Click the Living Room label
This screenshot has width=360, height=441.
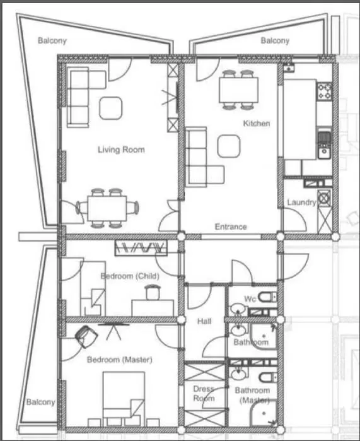coord(121,150)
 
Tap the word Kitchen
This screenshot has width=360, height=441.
coord(257,123)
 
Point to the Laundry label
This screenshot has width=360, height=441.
coord(301,203)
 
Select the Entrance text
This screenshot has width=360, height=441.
coord(231,226)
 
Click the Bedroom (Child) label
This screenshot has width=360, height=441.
coord(130,276)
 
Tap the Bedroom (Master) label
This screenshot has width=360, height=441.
coord(120,360)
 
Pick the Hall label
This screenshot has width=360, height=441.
coord(204,321)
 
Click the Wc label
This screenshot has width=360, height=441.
coord(250,298)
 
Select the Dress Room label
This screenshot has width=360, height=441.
coord(204,394)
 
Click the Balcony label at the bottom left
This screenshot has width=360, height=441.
coord(41,402)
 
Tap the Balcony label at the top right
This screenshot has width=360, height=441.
coord(275,41)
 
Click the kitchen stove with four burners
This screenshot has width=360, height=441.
coord(325,91)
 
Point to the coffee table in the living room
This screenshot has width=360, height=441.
coord(111,108)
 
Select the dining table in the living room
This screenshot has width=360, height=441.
coord(107,208)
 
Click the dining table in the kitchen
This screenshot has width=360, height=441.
coord(238,90)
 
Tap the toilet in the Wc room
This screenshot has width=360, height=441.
coord(267,297)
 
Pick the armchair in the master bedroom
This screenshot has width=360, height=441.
coord(86,336)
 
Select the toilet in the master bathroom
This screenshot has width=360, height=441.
coord(268,377)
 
